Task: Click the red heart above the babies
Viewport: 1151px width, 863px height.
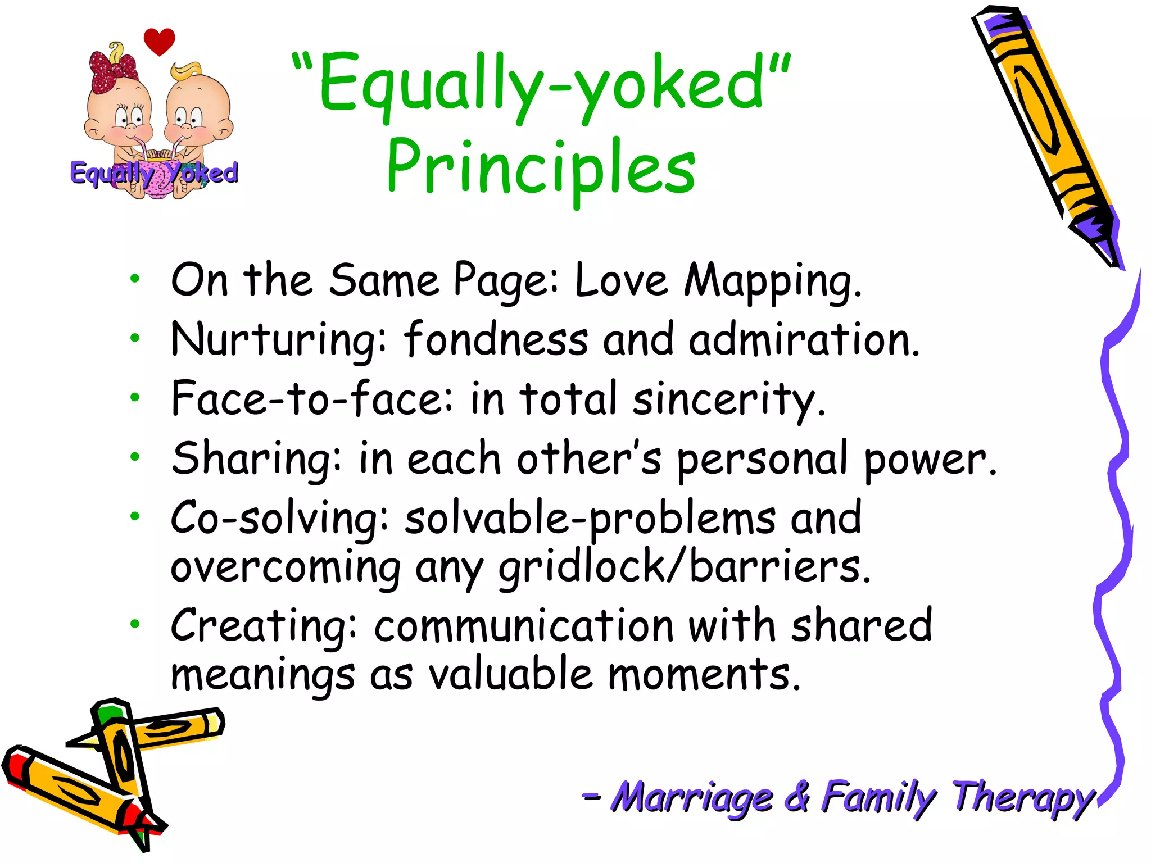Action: [159, 41]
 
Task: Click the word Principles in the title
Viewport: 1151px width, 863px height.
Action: [541, 167]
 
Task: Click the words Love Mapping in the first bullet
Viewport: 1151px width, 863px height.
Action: [717, 280]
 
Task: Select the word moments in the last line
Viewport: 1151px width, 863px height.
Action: [704, 675]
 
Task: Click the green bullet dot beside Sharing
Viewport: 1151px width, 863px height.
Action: [134, 457]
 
